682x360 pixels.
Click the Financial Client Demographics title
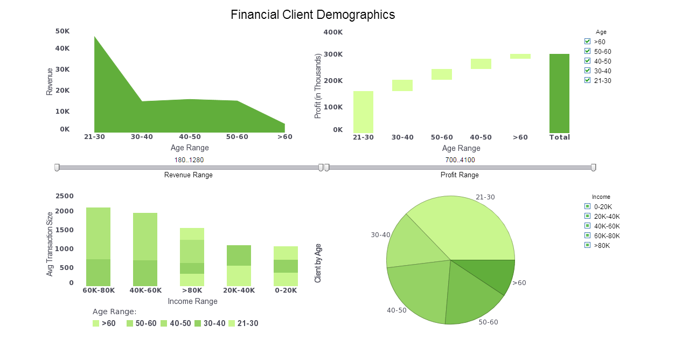[312, 15]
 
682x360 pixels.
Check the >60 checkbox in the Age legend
[588, 41]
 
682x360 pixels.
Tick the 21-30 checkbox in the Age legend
[588, 80]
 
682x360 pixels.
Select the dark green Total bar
[559, 93]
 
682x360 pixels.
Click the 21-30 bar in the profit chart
[363, 112]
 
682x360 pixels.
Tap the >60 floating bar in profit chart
[520, 56]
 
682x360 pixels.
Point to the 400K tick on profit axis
[333, 32]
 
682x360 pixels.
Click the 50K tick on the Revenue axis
[62, 31]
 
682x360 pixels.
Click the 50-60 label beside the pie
[488, 322]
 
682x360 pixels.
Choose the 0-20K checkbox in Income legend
[588, 206]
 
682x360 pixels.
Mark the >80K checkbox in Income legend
[588, 245]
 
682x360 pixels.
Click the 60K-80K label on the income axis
[99, 290]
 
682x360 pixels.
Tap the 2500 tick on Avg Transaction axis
[65, 196]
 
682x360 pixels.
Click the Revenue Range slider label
[188, 175]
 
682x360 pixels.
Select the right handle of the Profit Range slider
[593, 168]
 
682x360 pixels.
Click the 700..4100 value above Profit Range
[460, 160]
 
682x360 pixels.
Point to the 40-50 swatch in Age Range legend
[164, 323]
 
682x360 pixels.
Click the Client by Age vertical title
[318, 263]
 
